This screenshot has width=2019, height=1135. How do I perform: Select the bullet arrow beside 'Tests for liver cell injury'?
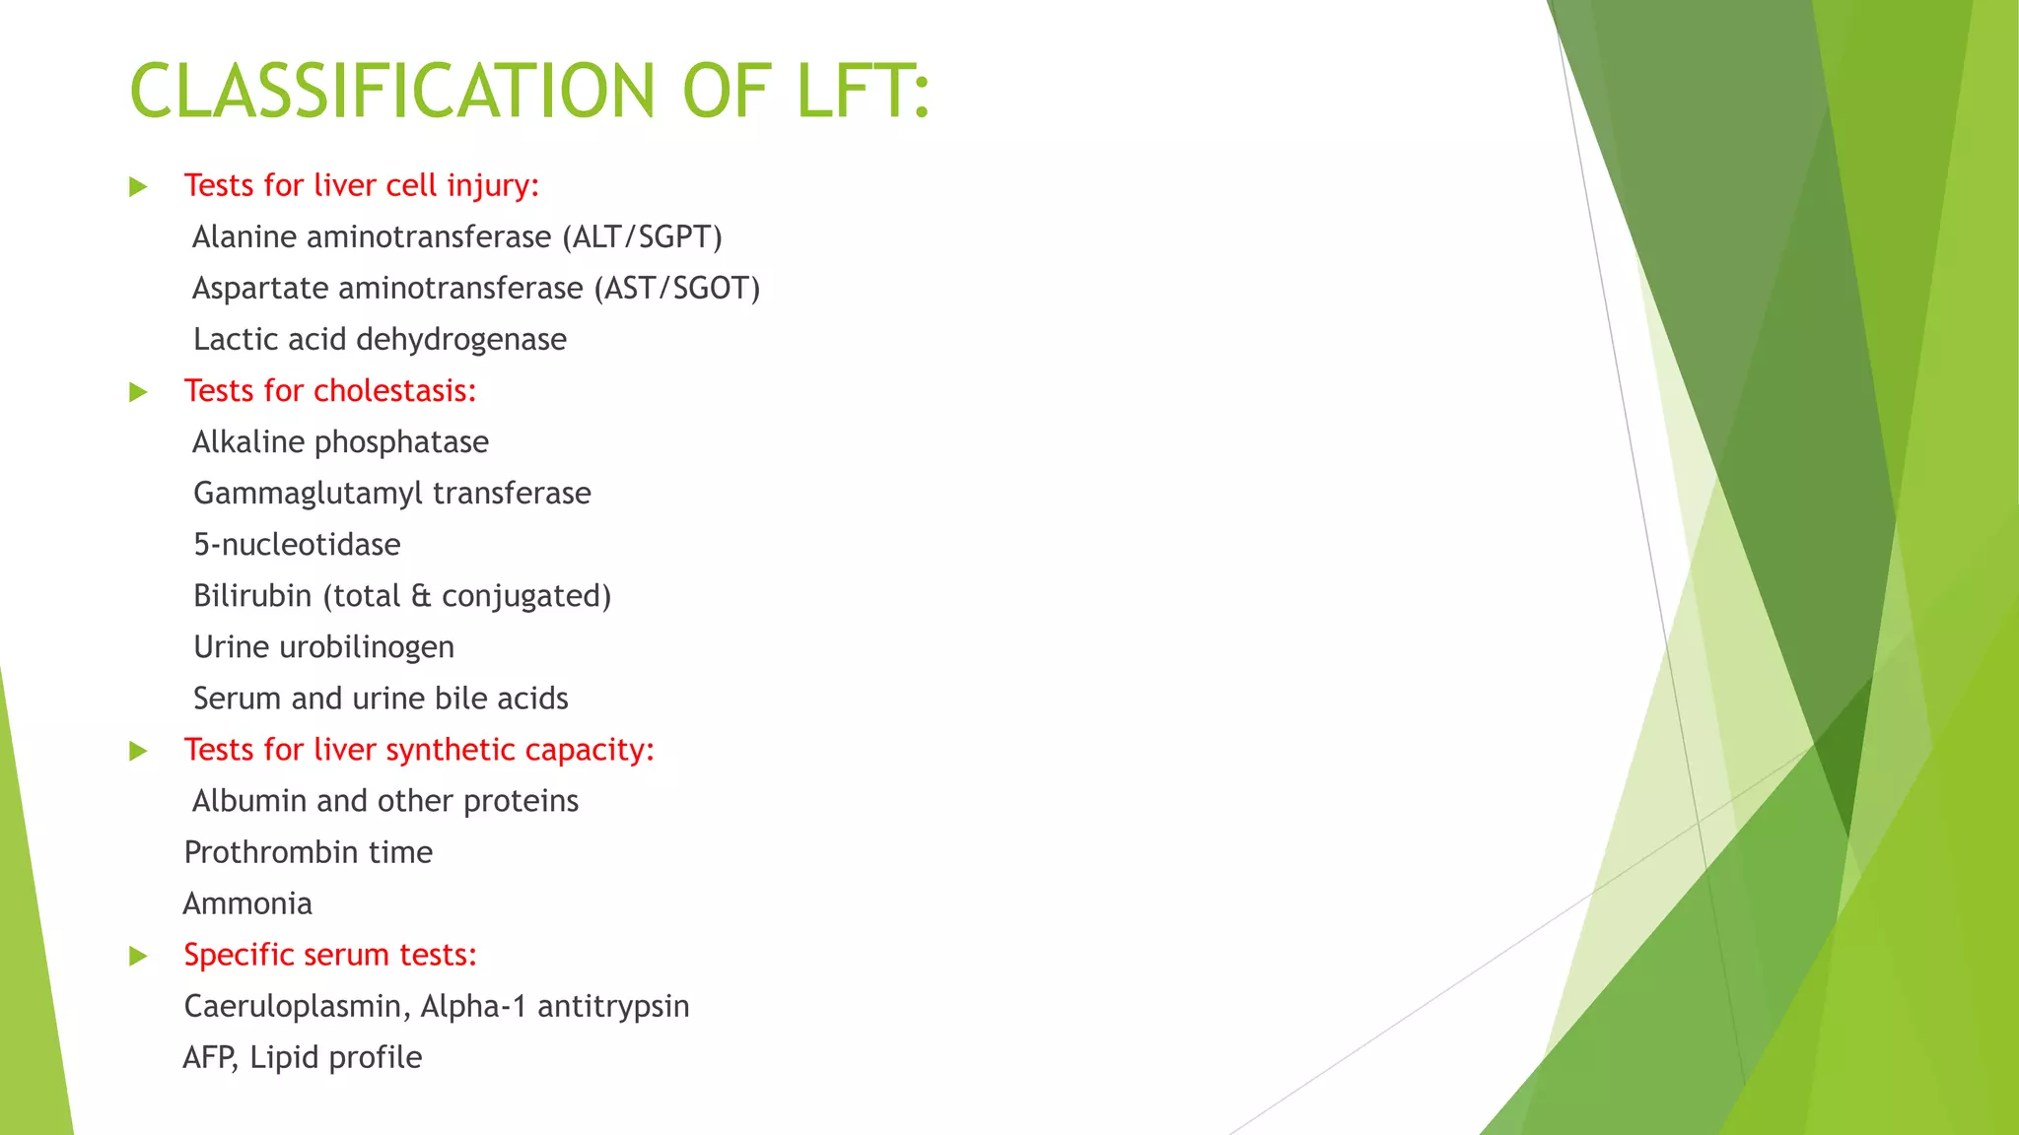click(138, 187)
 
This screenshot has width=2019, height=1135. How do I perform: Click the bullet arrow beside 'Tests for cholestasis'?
click(138, 392)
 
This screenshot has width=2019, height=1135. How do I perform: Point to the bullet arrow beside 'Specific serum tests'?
click(138, 956)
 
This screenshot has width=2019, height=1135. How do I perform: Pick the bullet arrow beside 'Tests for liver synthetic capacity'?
click(138, 751)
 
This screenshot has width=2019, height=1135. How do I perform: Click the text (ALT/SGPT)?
click(642, 237)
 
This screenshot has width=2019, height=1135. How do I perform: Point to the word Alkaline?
click(247, 442)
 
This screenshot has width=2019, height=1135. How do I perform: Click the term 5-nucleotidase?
click(297, 545)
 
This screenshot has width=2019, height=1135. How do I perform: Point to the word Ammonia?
click(247, 903)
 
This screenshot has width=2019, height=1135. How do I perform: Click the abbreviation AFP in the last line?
click(209, 1057)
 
